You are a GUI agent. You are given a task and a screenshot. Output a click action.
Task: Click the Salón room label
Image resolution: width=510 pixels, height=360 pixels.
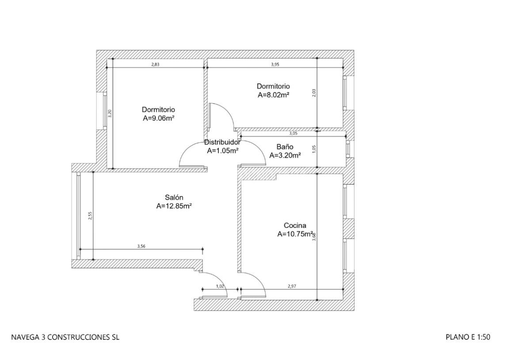pyautogui.click(x=174, y=197)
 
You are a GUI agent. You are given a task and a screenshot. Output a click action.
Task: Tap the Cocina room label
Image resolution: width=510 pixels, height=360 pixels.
pyautogui.click(x=295, y=226)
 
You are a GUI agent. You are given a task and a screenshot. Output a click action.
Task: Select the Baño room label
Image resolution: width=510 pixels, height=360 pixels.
pyautogui.click(x=285, y=147)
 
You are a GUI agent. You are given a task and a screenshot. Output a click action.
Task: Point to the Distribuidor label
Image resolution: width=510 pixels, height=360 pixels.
pyautogui.click(x=222, y=142)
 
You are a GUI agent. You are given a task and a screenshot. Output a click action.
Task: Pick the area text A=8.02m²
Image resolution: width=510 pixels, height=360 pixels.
pyautogui.click(x=273, y=95)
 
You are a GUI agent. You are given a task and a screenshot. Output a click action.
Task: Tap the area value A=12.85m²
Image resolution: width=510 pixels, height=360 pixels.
pyautogui.click(x=174, y=206)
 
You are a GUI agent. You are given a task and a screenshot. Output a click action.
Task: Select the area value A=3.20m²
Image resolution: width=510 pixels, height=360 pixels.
pyautogui.click(x=285, y=155)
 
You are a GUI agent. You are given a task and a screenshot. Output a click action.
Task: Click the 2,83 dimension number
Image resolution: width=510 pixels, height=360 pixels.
pyautogui.click(x=155, y=64)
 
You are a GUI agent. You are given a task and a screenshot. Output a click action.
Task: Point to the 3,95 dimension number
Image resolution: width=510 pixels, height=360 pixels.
pyautogui.click(x=275, y=64)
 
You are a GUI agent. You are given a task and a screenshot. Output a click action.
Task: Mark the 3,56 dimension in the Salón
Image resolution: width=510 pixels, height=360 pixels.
pyautogui.click(x=141, y=246)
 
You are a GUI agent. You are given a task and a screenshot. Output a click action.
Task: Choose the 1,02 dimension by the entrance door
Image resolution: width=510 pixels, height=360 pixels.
pyautogui.click(x=220, y=286)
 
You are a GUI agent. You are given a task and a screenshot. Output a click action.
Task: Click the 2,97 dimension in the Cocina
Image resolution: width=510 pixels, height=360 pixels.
pyautogui.click(x=292, y=286)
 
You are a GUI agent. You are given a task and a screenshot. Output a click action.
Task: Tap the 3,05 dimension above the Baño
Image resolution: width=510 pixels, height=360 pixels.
pyautogui.click(x=293, y=133)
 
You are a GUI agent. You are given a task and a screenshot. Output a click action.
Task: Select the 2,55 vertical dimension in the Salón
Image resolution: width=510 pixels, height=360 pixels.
pyautogui.click(x=90, y=216)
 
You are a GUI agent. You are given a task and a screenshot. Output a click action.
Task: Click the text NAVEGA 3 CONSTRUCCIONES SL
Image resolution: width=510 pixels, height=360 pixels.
pyautogui.click(x=65, y=337)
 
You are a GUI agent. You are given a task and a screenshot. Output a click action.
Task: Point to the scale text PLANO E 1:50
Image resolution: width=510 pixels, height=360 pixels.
pyautogui.click(x=468, y=337)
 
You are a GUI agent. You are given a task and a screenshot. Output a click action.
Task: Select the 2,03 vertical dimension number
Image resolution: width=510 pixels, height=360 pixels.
pyautogui.click(x=314, y=93)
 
